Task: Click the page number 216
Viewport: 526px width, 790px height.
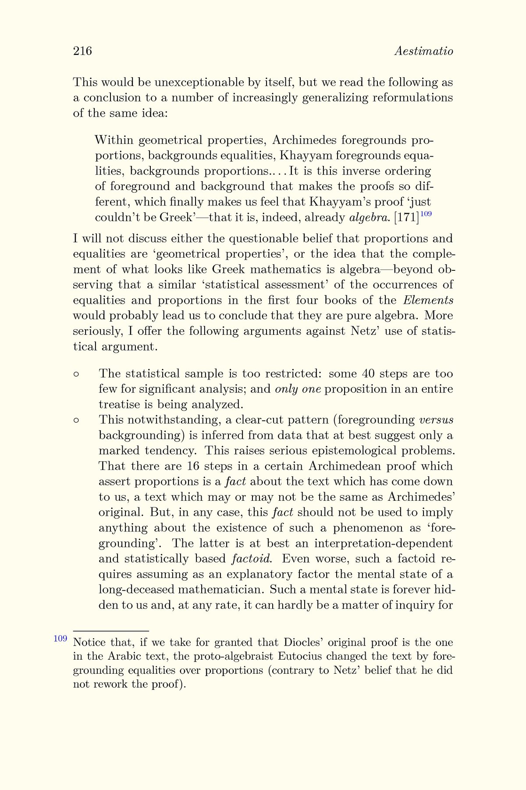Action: pos(82,51)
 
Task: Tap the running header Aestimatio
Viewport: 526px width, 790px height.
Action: pos(423,51)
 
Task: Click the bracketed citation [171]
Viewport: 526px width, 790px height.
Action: pos(406,218)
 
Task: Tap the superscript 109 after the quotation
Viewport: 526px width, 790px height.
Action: pos(426,214)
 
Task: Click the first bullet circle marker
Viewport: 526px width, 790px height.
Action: pos(76,374)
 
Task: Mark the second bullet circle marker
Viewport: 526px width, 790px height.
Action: pos(76,420)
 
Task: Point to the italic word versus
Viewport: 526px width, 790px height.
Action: pos(436,420)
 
